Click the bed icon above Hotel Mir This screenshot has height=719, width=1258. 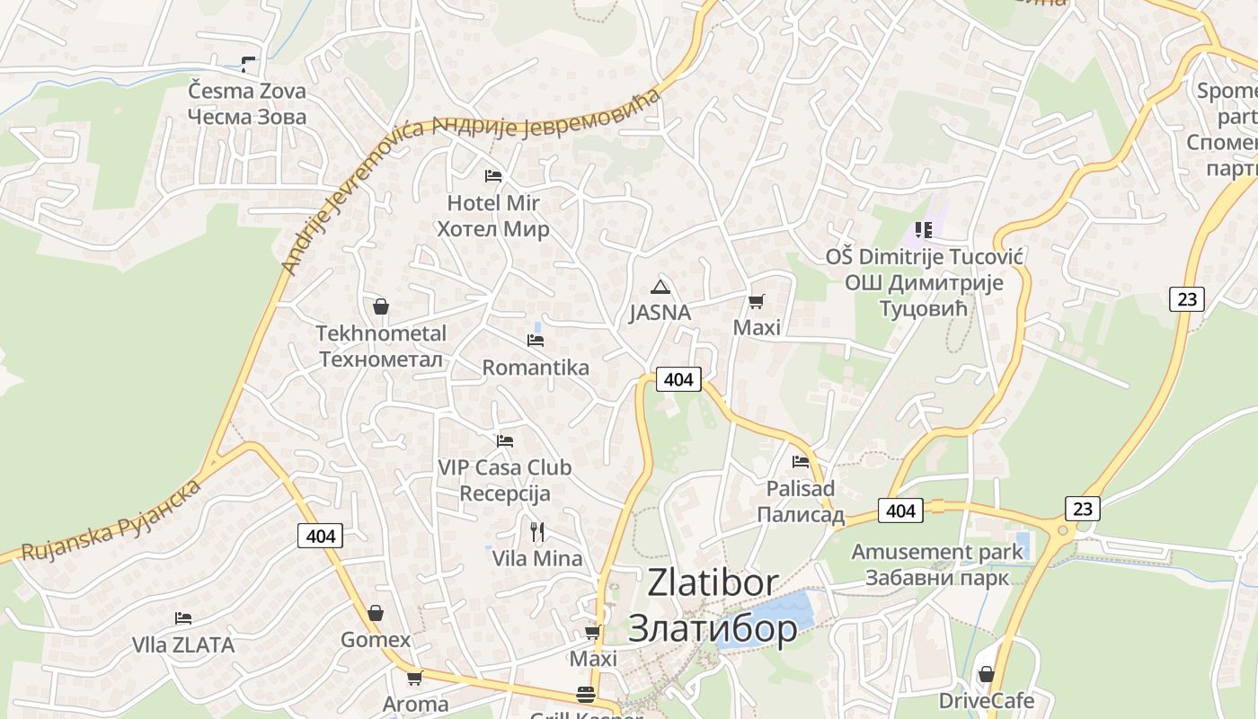492,175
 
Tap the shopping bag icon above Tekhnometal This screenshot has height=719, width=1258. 381,306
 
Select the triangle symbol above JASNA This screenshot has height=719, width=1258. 660,287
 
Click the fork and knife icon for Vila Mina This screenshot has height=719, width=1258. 537,532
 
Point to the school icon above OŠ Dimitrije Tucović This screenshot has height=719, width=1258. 924,231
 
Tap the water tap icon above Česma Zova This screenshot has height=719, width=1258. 247,65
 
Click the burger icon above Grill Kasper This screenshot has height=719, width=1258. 586,694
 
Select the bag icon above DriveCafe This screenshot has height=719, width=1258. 987,673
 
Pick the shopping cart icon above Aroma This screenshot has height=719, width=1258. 414,678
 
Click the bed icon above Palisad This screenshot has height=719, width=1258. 801,462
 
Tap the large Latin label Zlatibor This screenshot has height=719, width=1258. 713,582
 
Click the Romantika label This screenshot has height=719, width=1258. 536,368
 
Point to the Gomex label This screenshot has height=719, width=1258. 376,640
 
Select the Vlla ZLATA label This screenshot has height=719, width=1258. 183,645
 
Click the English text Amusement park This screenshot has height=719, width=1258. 937,551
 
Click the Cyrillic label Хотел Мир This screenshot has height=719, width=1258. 492,229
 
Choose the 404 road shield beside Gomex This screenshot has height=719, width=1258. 320,537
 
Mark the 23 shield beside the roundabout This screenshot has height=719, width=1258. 1083,509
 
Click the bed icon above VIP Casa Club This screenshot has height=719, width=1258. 505,441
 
